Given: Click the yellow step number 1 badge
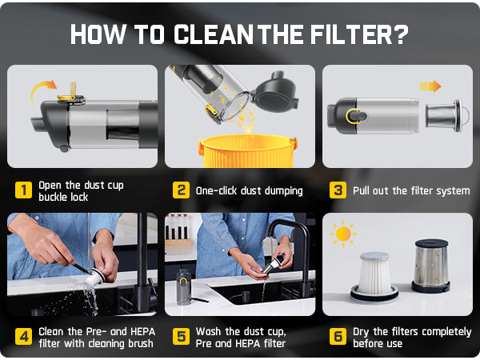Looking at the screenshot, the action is click(x=23, y=190).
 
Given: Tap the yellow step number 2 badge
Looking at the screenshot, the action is click(x=181, y=190).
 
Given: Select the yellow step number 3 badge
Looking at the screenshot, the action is click(x=338, y=190).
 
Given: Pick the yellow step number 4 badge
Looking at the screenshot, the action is click(x=23, y=337).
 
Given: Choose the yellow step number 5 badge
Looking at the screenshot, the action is click(x=181, y=337).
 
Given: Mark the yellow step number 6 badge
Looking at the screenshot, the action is click(x=338, y=337).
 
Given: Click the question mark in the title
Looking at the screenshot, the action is click(x=400, y=34).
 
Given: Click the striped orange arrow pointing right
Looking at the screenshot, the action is click(x=430, y=86).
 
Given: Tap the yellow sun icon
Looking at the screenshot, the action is click(x=343, y=234).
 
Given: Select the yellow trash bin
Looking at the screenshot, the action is click(x=247, y=151).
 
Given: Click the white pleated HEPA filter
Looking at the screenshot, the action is click(x=374, y=277).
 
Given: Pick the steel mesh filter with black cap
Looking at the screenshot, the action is click(x=431, y=266).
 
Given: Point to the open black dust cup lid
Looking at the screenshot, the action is click(x=274, y=93).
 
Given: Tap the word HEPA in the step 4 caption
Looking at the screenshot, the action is click(x=142, y=331).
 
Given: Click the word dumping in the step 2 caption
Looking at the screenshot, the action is click(x=283, y=191).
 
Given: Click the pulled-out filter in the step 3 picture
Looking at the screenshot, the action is click(x=447, y=115).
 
